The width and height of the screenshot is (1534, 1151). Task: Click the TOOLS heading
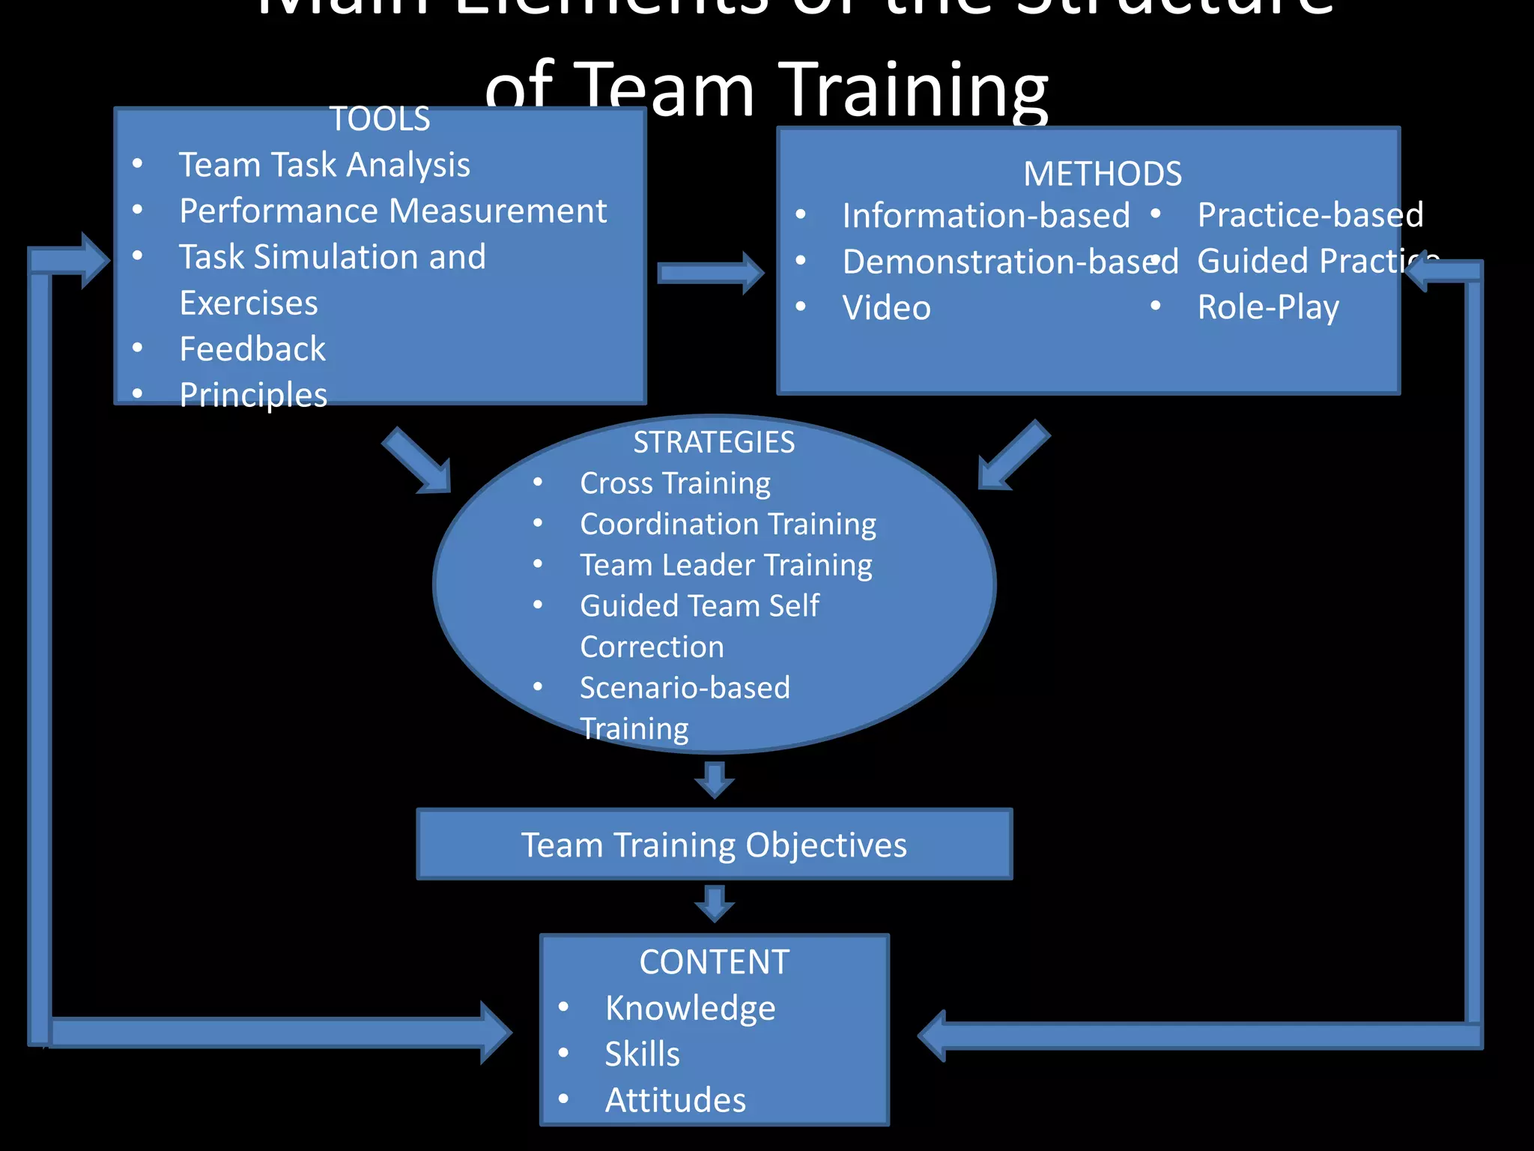pos(380,119)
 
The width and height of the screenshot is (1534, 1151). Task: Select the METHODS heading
pos(1103,174)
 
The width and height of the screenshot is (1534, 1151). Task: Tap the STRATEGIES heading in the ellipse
pos(714,442)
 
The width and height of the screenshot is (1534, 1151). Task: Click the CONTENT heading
pos(714,962)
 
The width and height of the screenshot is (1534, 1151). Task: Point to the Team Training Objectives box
pos(714,845)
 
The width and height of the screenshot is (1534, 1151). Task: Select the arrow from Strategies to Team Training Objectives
pos(715,780)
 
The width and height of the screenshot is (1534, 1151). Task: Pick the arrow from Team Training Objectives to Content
pos(715,903)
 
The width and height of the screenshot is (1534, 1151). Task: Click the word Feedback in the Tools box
pos(252,349)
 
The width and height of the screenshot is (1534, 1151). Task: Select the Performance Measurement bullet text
pos(393,211)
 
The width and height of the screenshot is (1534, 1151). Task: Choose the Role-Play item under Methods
pos(1268,307)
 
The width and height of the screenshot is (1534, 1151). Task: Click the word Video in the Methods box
pos(886,308)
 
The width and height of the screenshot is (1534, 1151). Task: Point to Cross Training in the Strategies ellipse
pos(675,483)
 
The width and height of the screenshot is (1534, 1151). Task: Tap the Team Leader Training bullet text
pos(726,565)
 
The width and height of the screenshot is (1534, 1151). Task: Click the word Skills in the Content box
pos(642,1054)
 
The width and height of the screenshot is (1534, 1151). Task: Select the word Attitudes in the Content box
pos(675,1100)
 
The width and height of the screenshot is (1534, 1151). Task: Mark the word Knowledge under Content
pos(690,1008)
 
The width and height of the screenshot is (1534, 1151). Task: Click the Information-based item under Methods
pos(986,216)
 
